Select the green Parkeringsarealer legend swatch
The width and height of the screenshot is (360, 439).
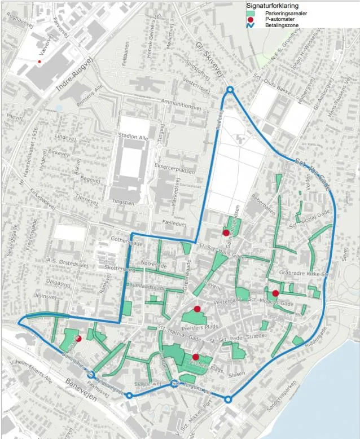(x=252, y=13)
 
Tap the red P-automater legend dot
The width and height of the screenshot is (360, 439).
(x=252, y=19)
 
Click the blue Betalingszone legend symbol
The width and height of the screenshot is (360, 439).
(x=252, y=25)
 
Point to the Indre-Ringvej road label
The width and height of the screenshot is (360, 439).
(x=73, y=76)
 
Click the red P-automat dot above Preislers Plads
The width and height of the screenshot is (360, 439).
(x=197, y=309)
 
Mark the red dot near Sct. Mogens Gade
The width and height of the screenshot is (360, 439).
(x=275, y=293)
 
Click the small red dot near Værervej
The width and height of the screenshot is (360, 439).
(x=39, y=61)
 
